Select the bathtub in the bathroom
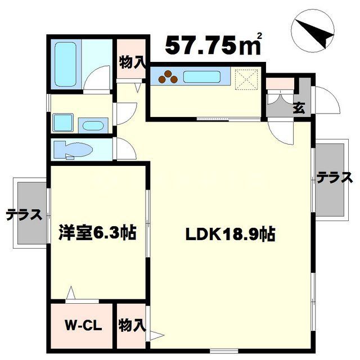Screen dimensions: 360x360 (67, 62)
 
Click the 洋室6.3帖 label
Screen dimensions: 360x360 (98, 232)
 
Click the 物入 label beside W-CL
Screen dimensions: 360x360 (132, 325)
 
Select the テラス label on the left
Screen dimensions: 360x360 (24, 214)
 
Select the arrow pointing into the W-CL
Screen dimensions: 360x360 (71, 294)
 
